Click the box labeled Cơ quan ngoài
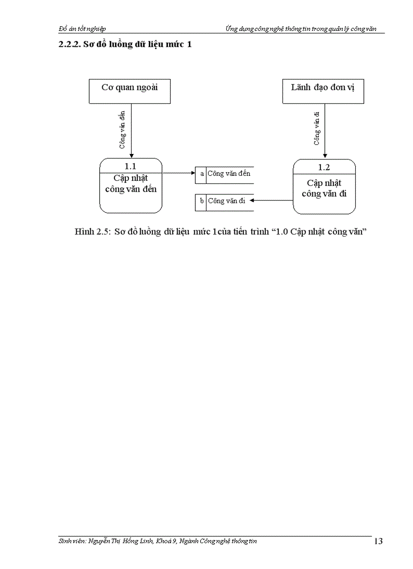(130, 91)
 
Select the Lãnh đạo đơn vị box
(323, 91)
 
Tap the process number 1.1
(131, 166)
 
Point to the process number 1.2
(324, 167)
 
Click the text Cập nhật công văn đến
(131, 184)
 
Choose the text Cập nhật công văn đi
(324, 188)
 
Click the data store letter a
(202, 174)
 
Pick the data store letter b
(201, 201)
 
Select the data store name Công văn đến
(229, 174)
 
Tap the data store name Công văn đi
(226, 201)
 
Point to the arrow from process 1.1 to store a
(179, 173)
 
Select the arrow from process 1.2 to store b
(271, 201)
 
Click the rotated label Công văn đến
(122, 130)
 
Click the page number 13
(378, 542)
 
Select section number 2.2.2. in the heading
(70, 45)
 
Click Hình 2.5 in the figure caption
(92, 232)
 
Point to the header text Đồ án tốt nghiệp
(82, 29)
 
